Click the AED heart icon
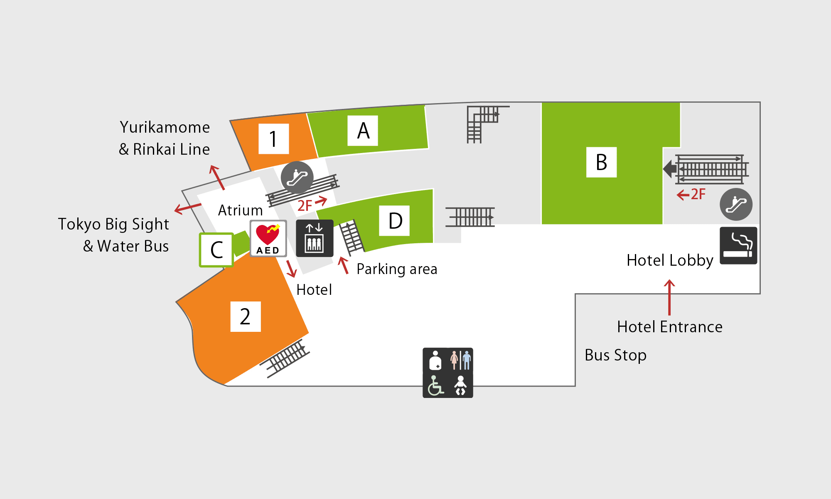tap(268, 238)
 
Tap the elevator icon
tap(315, 238)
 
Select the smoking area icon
tap(738, 245)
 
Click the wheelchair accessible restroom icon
tap(435, 385)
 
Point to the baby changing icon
tap(460, 385)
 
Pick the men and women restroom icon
tap(460, 360)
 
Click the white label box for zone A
tap(363, 131)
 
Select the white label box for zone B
tap(601, 162)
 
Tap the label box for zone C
tap(216, 249)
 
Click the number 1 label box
tap(274, 139)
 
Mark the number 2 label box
tap(246, 316)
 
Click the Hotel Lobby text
tap(670, 260)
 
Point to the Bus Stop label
tap(615, 355)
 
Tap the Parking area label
tap(397, 269)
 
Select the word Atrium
tap(241, 210)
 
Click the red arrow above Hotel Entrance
tap(669, 297)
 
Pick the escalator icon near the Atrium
tap(297, 178)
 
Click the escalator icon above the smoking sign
tap(736, 204)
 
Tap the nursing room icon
tap(435, 360)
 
